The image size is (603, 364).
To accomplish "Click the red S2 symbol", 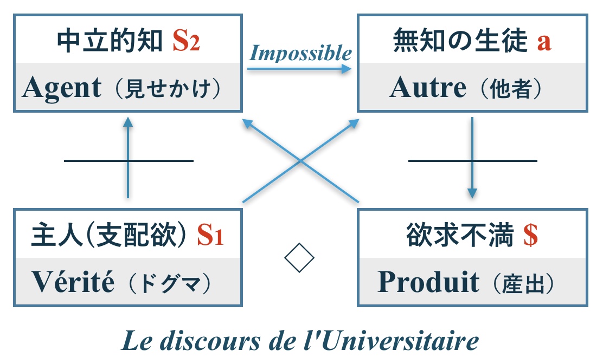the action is tap(186, 41).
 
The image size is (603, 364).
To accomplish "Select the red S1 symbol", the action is tap(210, 236).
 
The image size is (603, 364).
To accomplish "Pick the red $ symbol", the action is tap(530, 236).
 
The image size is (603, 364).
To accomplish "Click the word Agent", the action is tap(62, 88).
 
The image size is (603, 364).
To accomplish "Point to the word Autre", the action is tap(427, 88).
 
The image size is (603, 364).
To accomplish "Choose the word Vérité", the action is tap(73, 282).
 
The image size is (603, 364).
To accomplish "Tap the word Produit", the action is tap(428, 282).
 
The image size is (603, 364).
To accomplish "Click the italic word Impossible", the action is tap(300, 53).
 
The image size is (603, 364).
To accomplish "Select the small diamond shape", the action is tap(299, 258).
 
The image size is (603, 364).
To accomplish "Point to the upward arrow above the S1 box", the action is tap(128, 157).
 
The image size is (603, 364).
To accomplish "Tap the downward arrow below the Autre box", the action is tap(472, 157).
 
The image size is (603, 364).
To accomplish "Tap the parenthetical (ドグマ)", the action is tap(172, 283).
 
